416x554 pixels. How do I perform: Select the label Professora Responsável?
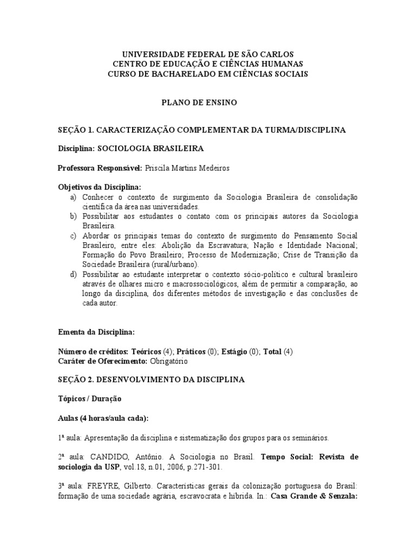point(100,168)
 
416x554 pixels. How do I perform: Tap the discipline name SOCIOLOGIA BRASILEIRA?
point(151,148)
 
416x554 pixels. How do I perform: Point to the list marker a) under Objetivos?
point(74,197)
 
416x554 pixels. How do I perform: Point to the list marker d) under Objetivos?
point(74,275)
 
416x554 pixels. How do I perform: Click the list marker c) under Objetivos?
point(74,236)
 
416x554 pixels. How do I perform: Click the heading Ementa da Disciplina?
point(96,332)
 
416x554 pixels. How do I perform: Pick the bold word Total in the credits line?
point(272,351)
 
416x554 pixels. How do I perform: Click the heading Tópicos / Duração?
point(89,399)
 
